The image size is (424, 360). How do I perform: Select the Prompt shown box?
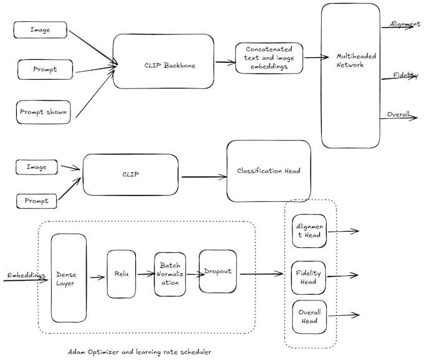coord(43,112)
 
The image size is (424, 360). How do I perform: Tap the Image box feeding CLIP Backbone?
coord(42,30)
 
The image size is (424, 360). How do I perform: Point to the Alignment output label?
coord(405,24)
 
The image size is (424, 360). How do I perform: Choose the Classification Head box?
coord(268,171)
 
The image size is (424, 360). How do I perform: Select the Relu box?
coord(121,274)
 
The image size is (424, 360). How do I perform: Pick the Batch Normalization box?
coord(170,274)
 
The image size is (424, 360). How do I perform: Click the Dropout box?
coord(218,272)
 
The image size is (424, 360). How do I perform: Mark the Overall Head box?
coord(308,316)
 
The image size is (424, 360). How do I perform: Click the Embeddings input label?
coord(27,275)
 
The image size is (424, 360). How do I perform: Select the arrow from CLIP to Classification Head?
coord(203,177)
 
